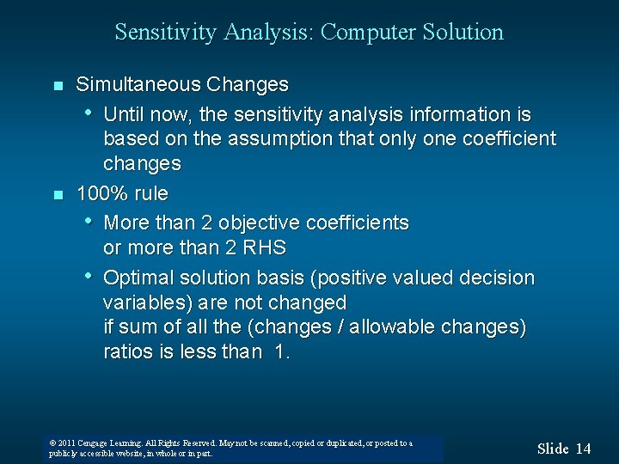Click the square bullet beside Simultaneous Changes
pos(57,86)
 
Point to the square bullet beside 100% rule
pos(57,194)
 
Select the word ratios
pos(128,351)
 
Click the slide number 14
pos(583,449)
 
